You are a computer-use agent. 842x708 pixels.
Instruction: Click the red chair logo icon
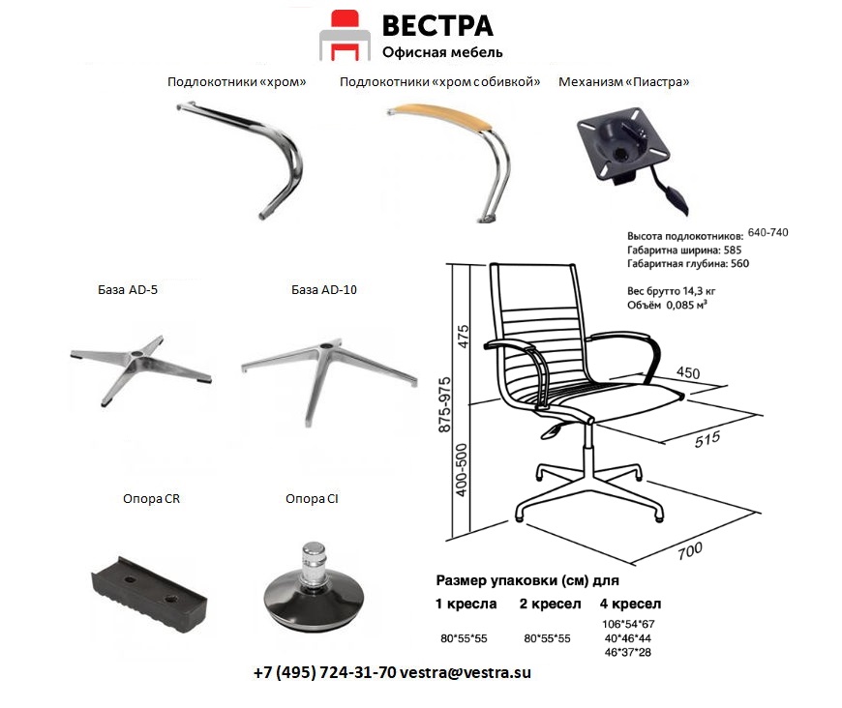(x=345, y=36)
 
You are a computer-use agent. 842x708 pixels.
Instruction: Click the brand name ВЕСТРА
(x=437, y=26)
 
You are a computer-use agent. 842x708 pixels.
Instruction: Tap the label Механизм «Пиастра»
(x=623, y=82)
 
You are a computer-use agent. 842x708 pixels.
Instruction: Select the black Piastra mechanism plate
(x=623, y=144)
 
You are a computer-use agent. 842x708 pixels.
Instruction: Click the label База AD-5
(x=128, y=290)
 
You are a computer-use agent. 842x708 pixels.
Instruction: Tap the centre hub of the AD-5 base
(x=136, y=356)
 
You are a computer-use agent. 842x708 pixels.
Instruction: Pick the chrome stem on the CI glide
(x=313, y=563)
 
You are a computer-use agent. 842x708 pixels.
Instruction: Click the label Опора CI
(x=312, y=499)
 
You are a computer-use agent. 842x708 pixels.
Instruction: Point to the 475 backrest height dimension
(x=463, y=336)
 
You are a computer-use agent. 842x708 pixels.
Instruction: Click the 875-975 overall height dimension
(x=445, y=404)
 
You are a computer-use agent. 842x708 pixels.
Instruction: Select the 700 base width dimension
(x=690, y=550)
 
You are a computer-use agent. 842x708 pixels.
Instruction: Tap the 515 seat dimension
(x=707, y=440)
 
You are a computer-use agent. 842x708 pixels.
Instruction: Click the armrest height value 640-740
(x=767, y=232)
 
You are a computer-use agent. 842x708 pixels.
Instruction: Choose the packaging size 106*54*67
(x=628, y=624)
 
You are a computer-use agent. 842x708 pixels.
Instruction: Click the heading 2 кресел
(x=551, y=604)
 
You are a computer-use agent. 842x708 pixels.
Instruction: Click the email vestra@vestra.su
(x=465, y=672)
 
